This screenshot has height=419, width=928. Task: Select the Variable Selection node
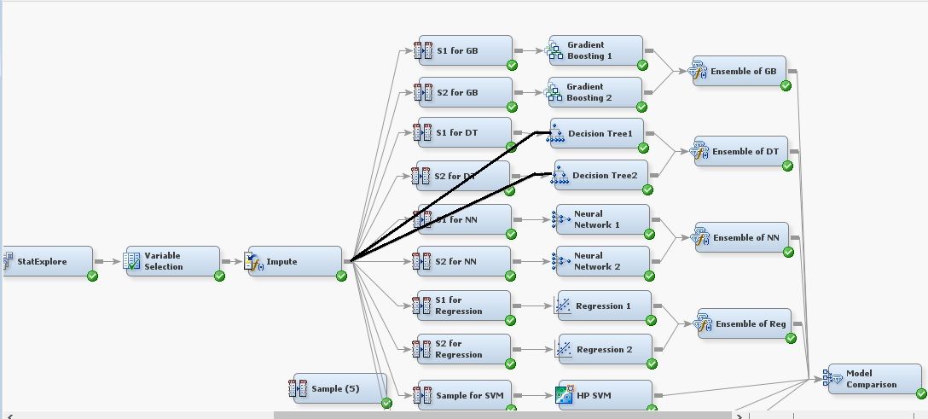[x=171, y=261]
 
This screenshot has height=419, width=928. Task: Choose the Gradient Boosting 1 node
[x=594, y=50]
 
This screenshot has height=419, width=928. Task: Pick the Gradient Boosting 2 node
[x=594, y=92]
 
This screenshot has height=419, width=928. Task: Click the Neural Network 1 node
[x=600, y=219]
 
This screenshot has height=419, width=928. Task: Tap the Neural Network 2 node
[x=600, y=261]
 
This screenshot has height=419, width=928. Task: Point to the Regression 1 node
[x=602, y=306]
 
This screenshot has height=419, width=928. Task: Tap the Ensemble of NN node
[x=741, y=237]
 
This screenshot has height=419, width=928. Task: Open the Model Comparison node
[x=873, y=379]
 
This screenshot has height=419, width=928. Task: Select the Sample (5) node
[x=339, y=388]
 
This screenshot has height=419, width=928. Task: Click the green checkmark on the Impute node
[x=341, y=276]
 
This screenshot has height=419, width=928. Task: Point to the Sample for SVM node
[x=464, y=395]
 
